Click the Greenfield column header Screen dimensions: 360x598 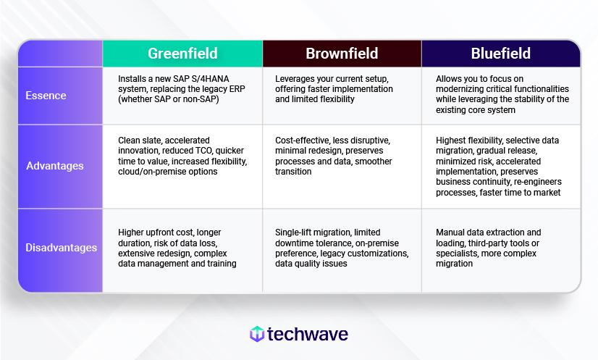pyautogui.click(x=182, y=54)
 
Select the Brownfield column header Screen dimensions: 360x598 pyautogui.click(x=342, y=54)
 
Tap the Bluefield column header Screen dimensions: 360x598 pyautogui.click(x=501, y=54)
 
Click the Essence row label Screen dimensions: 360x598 pyautogui.click(x=46, y=95)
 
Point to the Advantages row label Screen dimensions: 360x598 pyautogui.click(x=55, y=166)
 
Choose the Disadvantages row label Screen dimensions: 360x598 pyautogui.click(x=62, y=248)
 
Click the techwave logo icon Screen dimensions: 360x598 pyautogui.click(x=256, y=334)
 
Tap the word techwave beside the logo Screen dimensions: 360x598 pyautogui.click(x=308, y=334)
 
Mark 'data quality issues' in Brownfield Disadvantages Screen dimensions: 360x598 pyautogui.click(x=311, y=264)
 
